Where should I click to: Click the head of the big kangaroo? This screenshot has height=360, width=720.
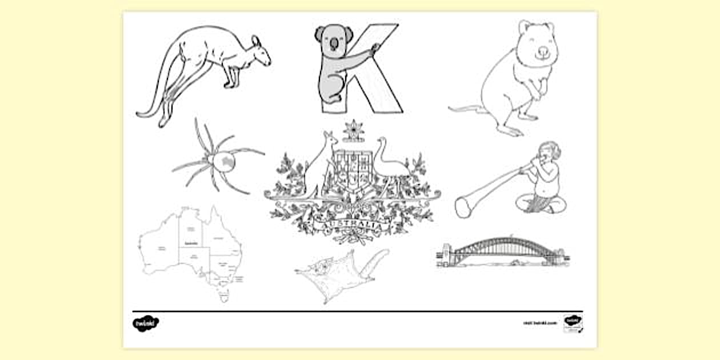click(260, 53)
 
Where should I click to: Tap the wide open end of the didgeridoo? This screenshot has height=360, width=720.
click(463, 207)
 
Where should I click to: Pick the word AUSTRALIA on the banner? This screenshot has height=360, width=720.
click(352, 227)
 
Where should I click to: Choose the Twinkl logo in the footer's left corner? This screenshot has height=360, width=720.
click(146, 323)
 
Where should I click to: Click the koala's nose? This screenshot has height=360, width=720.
click(334, 43)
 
